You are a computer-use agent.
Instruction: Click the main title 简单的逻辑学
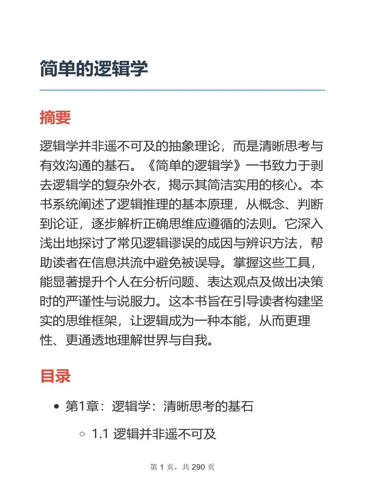coord(94,69)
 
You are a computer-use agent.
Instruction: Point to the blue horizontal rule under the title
coord(182,90)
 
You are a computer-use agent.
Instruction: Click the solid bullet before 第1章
coord(57,406)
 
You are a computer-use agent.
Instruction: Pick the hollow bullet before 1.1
coord(82,434)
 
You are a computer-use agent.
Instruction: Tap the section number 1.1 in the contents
coord(100,434)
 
